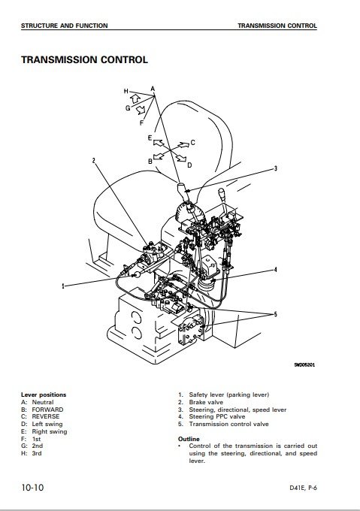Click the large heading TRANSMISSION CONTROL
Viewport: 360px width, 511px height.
(x=84, y=59)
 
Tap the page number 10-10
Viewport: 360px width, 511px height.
(x=32, y=488)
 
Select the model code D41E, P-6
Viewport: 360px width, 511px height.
(x=303, y=488)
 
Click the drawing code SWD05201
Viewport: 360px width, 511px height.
(x=304, y=364)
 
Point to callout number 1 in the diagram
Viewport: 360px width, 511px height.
(x=63, y=286)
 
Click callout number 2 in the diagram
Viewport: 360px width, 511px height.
(x=94, y=160)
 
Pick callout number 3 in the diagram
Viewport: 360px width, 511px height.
(x=276, y=168)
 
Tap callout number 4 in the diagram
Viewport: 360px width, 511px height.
(x=276, y=270)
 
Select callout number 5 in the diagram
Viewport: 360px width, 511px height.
(x=276, y=314)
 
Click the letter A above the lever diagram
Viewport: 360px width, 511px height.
(x=153, y=89)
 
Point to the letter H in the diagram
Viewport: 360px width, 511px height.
(x=126, y=91)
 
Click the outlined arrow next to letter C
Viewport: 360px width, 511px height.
(x=183, y=144)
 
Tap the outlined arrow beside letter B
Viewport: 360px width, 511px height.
(x=159, y=156)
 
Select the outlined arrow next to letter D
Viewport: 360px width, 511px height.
(x=181, y=159)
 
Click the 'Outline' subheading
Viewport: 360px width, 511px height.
(x=189, y=439)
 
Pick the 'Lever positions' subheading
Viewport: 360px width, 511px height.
(x=44, y=395)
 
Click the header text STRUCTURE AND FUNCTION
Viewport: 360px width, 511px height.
(x=64, y=26)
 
